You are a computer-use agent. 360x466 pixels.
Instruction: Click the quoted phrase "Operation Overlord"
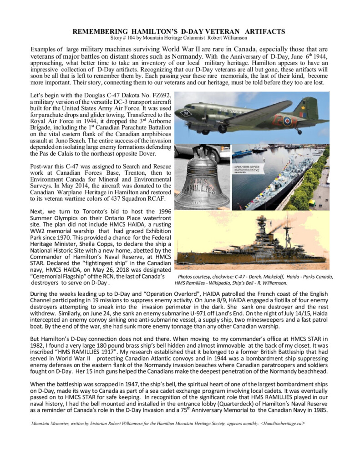point(150,294)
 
